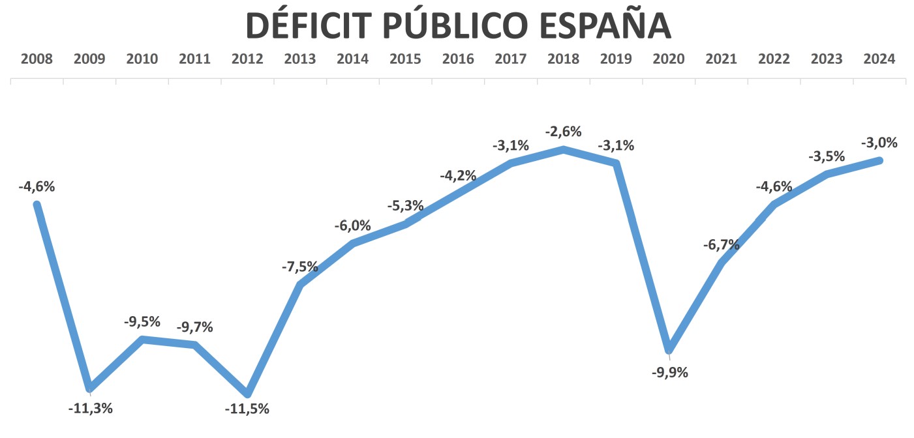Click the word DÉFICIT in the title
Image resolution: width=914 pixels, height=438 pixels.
pos(309,26)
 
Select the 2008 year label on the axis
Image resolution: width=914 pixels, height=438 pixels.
pos(37,59)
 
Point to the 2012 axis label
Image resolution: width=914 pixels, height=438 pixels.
pos(247,59)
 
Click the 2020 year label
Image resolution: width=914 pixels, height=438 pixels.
pos(669,59)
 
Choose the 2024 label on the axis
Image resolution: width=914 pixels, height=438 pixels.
pos(879,59)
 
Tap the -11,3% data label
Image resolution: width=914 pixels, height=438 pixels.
pos(90,409)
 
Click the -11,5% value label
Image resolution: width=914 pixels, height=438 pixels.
pos(247,409)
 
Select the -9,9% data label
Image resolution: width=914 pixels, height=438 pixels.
pos(669,373)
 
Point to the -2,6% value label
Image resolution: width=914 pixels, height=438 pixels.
pos(563,132)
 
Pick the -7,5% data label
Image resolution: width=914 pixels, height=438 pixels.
pos(300,267)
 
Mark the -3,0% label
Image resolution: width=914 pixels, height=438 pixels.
pos(879,143)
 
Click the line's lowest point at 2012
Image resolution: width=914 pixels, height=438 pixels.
pos(247,393)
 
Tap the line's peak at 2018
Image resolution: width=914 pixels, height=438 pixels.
pos(563,150)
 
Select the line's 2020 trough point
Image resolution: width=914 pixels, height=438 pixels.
pos(669,350)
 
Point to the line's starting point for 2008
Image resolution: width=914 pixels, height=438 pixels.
pos(37,205)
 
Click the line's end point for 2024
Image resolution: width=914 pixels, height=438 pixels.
pos(879,160)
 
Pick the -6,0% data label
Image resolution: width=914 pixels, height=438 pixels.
pos(352,226)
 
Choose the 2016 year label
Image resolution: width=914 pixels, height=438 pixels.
pos(458,59)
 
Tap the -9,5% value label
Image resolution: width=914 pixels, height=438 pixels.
pos(142,321)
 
